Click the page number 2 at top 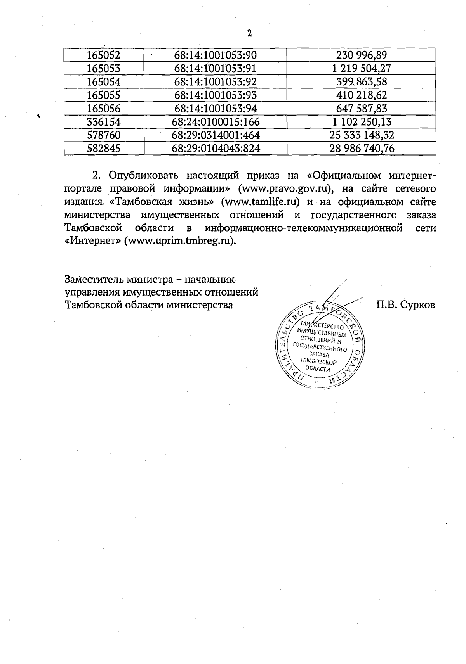(250, 34)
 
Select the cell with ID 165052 (104, 55)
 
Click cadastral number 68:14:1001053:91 (216, 69)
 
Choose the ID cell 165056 (104, 109)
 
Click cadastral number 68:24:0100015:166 (216, 122)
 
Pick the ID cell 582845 (104, 149)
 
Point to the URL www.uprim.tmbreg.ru (179, 241)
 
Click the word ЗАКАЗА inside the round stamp (319, 355)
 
